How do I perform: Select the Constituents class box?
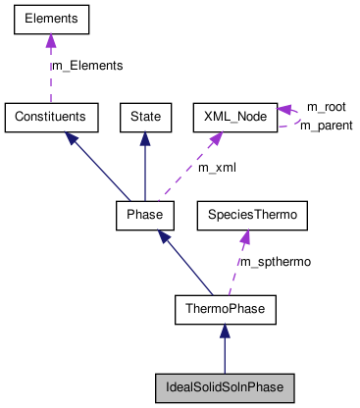(51, 117)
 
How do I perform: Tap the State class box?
(145, 117)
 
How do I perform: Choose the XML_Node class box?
(234, 117)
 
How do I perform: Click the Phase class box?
(145, 213)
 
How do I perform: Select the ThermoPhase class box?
(225, 310)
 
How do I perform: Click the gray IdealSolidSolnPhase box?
(225, 387)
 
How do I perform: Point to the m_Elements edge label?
(86, 66)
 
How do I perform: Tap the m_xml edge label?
(217, 168)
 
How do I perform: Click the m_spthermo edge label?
(276, 262)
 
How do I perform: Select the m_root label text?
(326, 106)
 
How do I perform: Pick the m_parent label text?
(326, 126)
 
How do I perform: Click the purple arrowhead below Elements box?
(51, 40)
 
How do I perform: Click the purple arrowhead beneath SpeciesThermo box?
(244, 235)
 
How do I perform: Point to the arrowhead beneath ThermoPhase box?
(225, 333)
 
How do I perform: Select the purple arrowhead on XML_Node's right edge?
(283, 110)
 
